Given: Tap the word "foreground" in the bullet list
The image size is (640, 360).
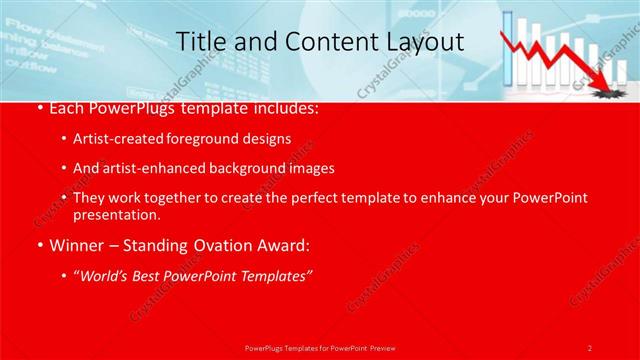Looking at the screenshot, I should click(x=219, y=138).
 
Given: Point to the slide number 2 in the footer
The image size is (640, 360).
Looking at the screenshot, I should click(x=590, y=347).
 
